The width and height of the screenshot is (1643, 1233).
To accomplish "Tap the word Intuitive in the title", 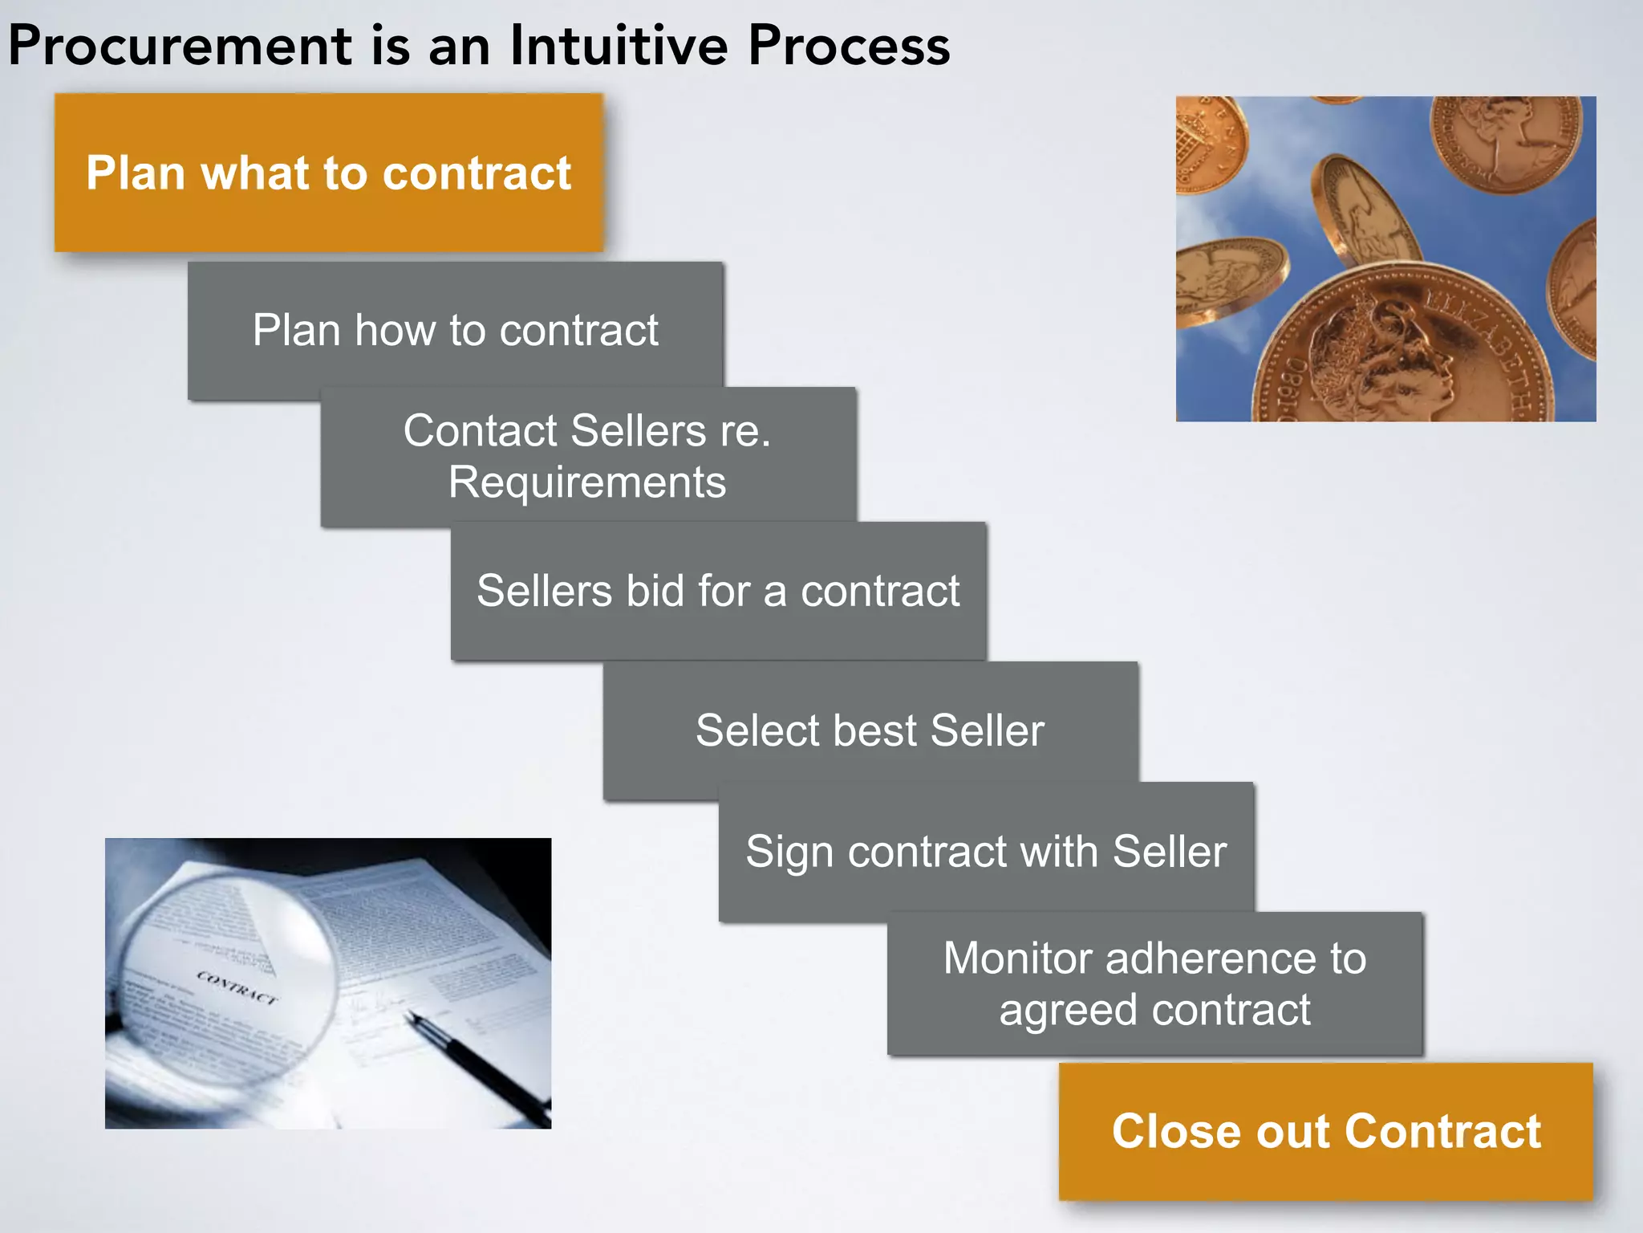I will pyautogui.click(x=618, y=46).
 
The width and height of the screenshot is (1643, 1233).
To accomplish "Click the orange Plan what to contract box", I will pyautogui.click(x=328, y=173).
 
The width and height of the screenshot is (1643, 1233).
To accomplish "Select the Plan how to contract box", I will pyautogui.click(x=455, y=330).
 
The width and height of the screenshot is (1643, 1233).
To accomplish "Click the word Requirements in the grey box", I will pyautogui.click(x=586, y=482).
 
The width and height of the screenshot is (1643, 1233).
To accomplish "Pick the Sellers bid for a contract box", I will pyautogui.click(x=718, y=591).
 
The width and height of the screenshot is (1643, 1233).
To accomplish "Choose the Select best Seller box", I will pyautogui.click(x=870, y=730).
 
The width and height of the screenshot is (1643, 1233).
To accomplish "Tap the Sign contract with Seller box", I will pyautogui.click(x=986, y=851).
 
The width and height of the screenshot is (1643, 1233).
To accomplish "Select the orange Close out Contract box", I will pyautogui.click(x=1325, y=1131).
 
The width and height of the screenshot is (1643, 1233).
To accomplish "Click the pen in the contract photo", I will pyautogui.click(x=473, y=1060).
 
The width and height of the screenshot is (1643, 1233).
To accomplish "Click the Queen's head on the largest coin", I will pyautogui.click(x=1380, y=353).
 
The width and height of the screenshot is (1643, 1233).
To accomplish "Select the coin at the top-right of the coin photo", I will pyautogui.click(x=1504, y=140).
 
